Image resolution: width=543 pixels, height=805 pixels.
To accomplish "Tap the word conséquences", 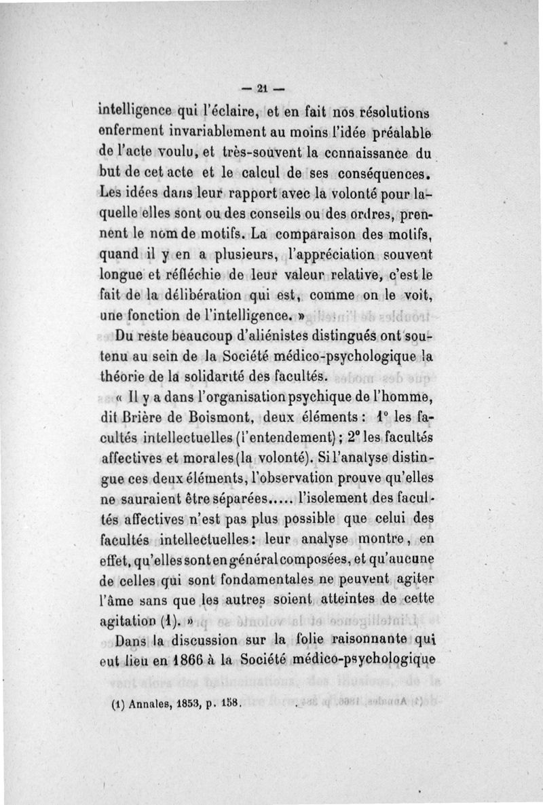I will pyautogui.click(x=387, y=166).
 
